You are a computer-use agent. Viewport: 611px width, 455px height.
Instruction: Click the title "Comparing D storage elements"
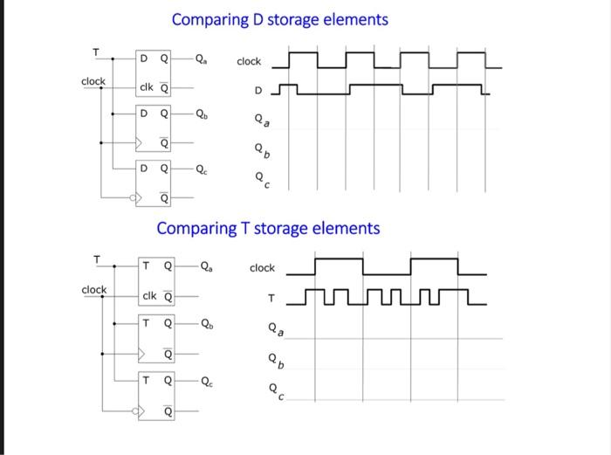tap(279, 19)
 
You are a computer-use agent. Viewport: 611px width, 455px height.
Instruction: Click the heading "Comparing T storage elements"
tap(268, 228)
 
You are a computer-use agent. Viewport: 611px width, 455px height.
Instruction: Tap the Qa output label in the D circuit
tap(202, 60)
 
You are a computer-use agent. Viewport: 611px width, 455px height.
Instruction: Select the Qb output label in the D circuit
tap(202, 114)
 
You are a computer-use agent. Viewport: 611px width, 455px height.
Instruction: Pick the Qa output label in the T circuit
tap(205, 267)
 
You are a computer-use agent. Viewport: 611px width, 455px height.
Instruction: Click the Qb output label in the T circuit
tap(205, 323)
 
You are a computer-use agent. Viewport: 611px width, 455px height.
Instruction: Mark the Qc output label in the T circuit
tap(205, 381)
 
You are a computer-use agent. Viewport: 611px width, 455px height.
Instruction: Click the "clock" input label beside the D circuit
tap(93, 81)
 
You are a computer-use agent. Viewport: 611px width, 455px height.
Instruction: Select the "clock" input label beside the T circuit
tap(93, 289)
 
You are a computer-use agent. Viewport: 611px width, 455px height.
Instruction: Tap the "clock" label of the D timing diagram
tap(249, 61)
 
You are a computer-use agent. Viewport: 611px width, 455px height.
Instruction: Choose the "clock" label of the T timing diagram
tap(262, 268)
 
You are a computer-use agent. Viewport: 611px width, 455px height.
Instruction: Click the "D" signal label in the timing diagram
tap(257, 90)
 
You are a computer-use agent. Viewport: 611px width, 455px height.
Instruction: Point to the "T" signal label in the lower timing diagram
tap(271, 300)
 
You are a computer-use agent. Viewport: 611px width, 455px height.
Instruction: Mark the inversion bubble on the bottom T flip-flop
tap(135, 410)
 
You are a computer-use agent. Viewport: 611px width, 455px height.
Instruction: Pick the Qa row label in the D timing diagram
tap(259, 121)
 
